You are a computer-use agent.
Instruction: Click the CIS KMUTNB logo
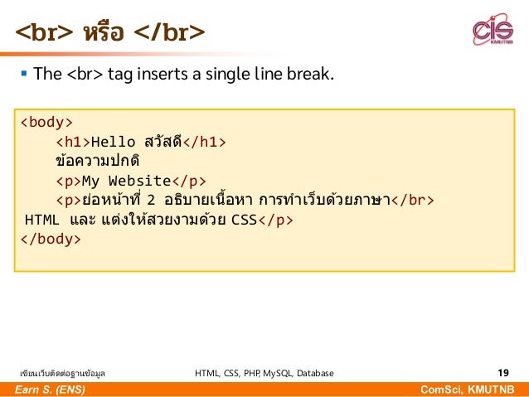[493, 31]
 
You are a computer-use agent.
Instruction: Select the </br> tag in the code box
[412, 201]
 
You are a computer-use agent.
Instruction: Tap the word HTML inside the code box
[42, 220]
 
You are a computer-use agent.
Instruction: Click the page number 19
[502, 373]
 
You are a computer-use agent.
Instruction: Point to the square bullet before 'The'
[23, 75]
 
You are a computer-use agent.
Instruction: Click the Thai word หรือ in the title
[103, 32]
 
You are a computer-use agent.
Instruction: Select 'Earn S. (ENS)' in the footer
[47, 390]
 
